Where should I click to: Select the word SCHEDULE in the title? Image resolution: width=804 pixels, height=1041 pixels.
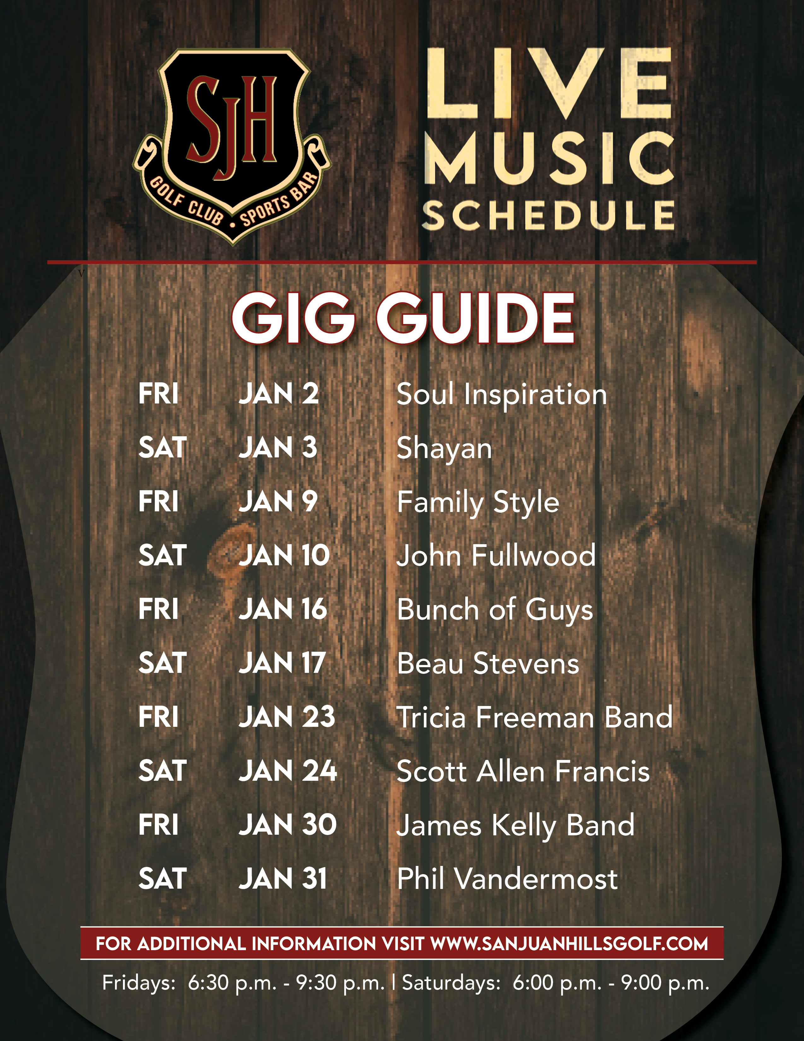click(x=548, y=215)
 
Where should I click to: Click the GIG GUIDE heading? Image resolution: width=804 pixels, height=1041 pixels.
click(x=403, y=318)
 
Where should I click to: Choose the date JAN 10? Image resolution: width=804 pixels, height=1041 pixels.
click(x=284, y=556)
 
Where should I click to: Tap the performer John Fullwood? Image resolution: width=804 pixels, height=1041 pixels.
click(x=496, y=556)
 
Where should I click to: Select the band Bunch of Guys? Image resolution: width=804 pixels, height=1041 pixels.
click(x=495, y=610)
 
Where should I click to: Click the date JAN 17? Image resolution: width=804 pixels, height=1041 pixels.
click(x=282, y=663)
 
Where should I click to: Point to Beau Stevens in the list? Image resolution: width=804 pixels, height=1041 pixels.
click(x=488, y=663)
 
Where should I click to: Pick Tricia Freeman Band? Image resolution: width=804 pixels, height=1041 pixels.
click(x=534, y=717)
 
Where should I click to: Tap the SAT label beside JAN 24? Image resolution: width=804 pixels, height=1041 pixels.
click(x=162, y=771)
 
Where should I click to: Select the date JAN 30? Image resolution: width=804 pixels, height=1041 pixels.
click(x=287, y=825)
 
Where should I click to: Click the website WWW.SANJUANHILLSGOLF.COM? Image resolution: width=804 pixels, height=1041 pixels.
click(x=569, y=944)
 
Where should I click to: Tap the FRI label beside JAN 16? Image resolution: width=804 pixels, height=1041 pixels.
click(x=158, y=610)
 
